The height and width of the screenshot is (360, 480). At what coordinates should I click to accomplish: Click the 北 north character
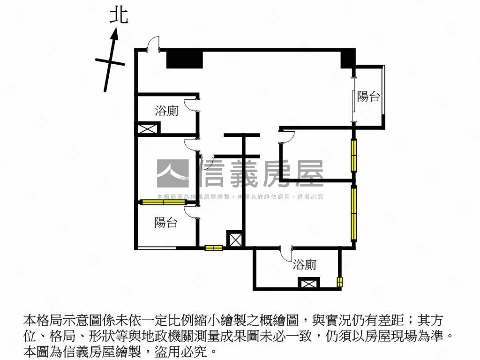[x=118, y=15]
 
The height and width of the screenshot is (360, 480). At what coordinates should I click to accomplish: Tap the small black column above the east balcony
[x=347, y=59]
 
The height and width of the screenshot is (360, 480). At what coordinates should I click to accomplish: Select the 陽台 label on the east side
[x=368, y=97]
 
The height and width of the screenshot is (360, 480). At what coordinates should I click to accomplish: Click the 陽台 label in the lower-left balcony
[x=165, y=223]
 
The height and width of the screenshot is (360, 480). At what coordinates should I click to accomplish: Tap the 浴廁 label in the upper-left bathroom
[x=166, y=111]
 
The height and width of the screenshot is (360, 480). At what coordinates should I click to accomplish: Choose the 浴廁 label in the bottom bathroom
[x=304, y=265]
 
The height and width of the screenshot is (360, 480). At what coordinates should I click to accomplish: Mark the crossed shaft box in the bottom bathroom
[x=308, y=284]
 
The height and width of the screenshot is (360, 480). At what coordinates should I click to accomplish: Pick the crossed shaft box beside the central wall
[x=234, y=239]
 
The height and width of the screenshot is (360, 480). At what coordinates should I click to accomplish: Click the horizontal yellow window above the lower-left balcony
[x=164, y=202]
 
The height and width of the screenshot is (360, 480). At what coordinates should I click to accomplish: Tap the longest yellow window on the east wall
[x=354, y=213]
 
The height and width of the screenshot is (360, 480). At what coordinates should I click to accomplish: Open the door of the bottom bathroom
[x=286, y=255]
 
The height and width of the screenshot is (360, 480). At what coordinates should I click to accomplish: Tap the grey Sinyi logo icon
[x=173, y=174]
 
